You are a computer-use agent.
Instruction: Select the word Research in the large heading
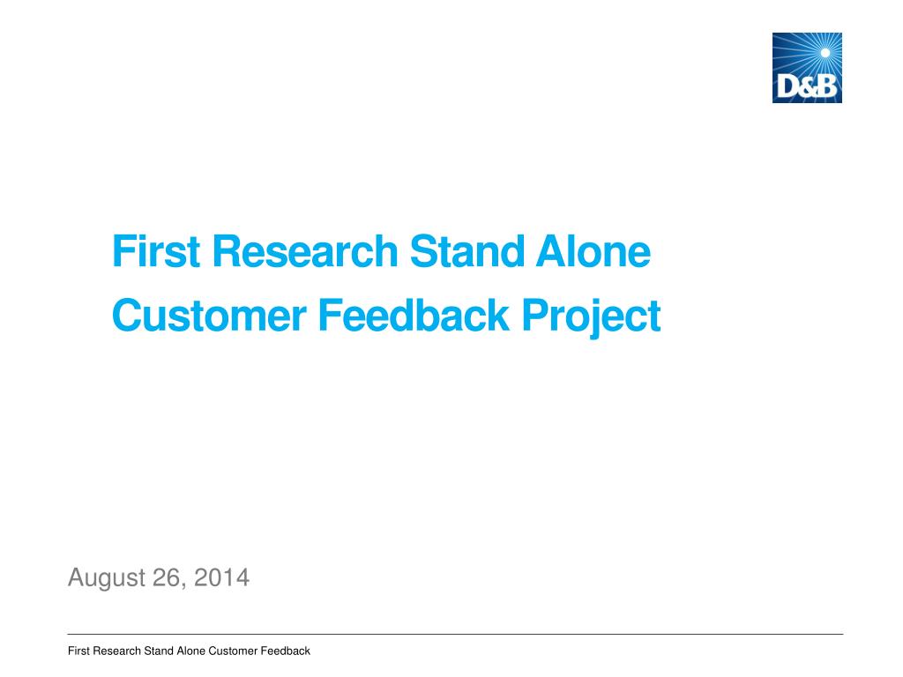click(305, 251)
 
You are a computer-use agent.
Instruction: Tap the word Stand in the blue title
click(466, 251)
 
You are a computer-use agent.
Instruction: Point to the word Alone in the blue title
click(593, 251)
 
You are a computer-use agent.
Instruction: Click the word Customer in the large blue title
click(209, 316)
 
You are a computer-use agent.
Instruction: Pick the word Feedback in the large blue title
click(414, 316)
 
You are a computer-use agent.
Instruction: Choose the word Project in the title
click(591, 316)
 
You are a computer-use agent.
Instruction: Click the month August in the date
click(107, 578)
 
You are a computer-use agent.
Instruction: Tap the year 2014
click(221, 577)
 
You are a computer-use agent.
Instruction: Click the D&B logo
click(807, 68)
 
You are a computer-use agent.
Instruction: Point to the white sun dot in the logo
click(825, 53)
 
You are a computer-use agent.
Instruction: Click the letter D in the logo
click(787, 87)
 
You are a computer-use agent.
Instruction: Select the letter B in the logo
click(826, 87)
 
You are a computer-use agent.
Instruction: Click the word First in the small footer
click(78, 651)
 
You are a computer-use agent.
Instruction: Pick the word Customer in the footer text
click(233, 651)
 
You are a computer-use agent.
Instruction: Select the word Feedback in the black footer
click(285, 651)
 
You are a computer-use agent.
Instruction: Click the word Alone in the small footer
click(190, 651)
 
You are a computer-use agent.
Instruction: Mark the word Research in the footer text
click(117, 651)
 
